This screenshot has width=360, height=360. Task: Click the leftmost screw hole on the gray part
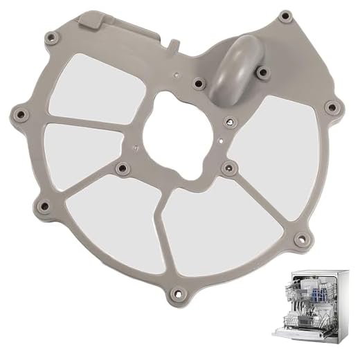[19, 111]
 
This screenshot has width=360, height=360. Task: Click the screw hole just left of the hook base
[198, 83]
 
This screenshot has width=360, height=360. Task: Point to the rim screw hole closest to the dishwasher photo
[299, 240]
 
